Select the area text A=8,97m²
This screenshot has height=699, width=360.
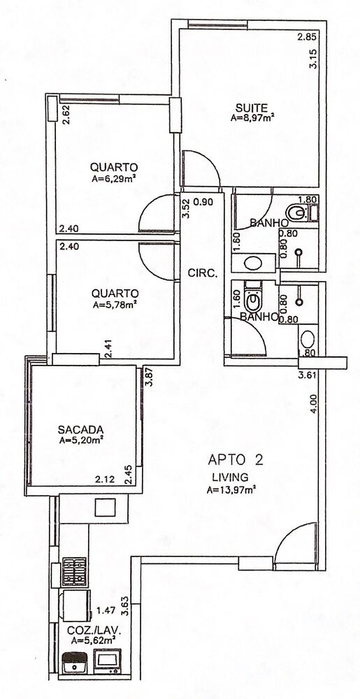tap(252, 119)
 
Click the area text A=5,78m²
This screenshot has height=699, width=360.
tap(113, 305)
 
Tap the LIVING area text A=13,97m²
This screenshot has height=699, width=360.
tap(231, 490)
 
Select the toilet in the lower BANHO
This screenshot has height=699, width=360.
tap(254, 300)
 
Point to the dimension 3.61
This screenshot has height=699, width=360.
tap(308, 376)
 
